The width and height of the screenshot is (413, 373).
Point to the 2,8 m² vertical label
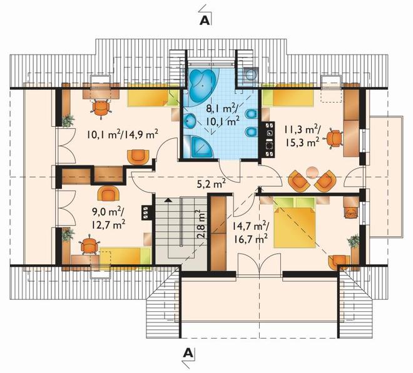coord(201,224)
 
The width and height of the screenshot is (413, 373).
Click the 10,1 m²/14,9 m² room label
coord(123,135)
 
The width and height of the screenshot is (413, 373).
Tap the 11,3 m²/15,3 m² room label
coord(302,136)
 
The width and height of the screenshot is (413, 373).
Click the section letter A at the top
coord(205,21)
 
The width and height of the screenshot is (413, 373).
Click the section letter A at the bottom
coord(188,353)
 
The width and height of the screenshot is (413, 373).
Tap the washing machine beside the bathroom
coord(250,74)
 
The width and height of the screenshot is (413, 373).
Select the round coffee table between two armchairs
coord(312,172)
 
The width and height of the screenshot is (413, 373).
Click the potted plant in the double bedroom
coord(353,241)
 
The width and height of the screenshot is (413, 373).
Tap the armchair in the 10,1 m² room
coord(138,157)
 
